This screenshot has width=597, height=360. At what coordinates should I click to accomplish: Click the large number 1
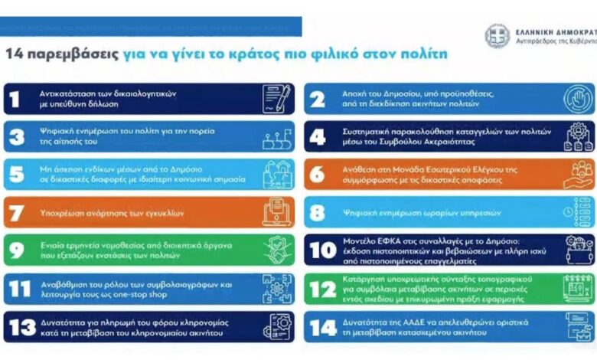tap(16, 99)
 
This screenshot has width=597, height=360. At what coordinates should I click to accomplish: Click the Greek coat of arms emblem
tap(497, 36)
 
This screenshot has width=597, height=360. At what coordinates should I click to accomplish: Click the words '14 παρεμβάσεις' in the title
tap(60, 55)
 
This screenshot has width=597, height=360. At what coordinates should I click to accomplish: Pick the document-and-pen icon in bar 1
tap(276, 99)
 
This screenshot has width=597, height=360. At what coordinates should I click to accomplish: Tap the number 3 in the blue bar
tap(16, 136)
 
